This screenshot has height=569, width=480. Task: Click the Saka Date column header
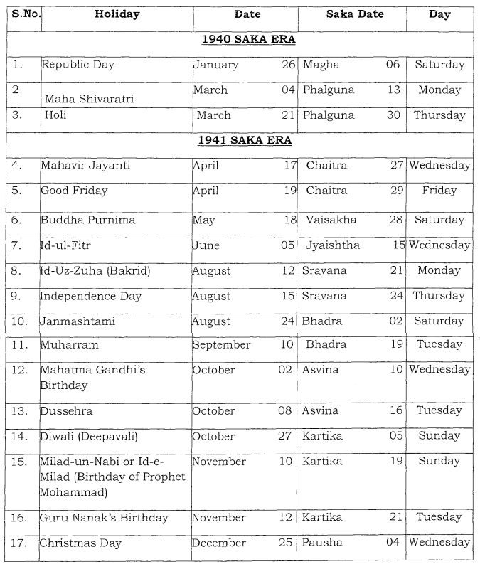click(351, 14)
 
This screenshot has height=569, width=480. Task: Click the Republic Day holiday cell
click(78, 65)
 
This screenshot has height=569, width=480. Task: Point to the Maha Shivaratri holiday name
click(89, 99)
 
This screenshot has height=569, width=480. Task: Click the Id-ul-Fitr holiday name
click(65, 245)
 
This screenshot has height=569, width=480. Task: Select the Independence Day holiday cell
click(90, 296)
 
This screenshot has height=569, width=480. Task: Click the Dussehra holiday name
click(66, 411)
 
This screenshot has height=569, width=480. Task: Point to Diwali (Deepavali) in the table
click(88, 437)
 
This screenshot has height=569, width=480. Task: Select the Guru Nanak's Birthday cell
click(104, 518)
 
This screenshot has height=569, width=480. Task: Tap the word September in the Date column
click(221, 345)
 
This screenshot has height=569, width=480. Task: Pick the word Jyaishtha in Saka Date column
click(333, 245)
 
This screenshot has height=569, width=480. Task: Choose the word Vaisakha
click(331, 220)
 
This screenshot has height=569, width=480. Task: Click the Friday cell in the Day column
click(439, 191)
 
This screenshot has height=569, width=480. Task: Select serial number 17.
click(21, 543)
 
